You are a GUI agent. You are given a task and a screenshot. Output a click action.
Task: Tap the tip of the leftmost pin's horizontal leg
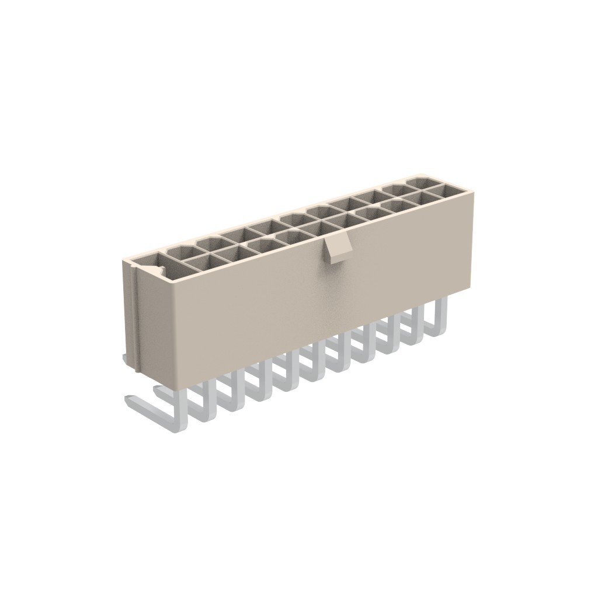click(129, 399)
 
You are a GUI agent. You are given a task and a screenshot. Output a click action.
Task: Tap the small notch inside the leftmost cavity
click(159, 270)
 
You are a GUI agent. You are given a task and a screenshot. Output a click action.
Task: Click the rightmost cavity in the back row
click(422, 182)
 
